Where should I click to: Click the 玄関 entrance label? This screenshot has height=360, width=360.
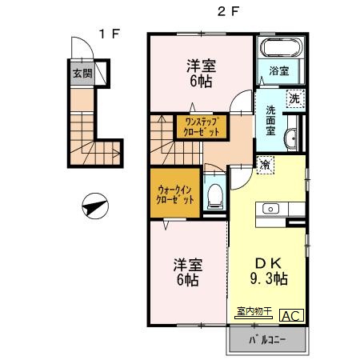[82, 74]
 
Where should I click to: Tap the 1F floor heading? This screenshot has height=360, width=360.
[110, 34]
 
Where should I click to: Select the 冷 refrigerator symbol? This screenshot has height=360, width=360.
[264, 165]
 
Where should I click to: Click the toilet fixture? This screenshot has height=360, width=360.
[214, 193]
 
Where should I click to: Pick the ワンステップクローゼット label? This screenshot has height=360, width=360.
[200, 126]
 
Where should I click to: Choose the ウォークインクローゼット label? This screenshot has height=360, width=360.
[174, 192]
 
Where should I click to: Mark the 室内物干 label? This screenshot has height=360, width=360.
[254, 312]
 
